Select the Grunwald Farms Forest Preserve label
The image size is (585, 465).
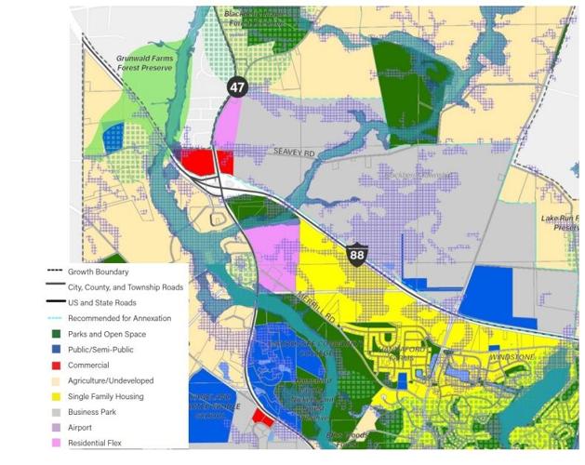click(x=145, y=63)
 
